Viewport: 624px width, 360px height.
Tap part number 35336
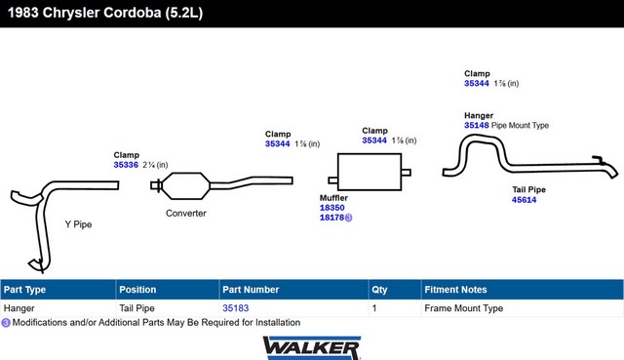(x=126, y=165)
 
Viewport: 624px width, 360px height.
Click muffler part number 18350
(x=331, y=208)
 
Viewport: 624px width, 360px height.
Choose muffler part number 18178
(x=331, y=218)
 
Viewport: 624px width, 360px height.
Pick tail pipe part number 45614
(x=525, y=200)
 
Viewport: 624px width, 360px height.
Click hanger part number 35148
(x=477, y=126)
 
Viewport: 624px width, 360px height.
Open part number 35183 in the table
(x=236, y=308)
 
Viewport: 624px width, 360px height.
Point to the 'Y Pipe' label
(x=78, y=224)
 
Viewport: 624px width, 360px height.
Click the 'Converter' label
(x=186, y=214)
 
